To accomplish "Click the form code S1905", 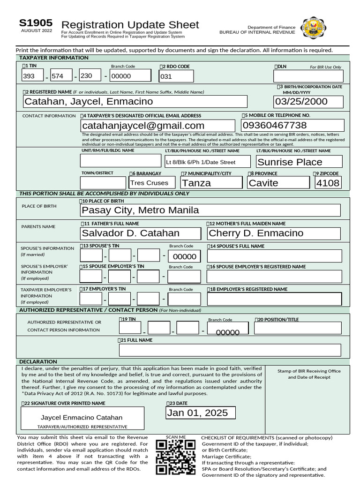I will pos(36,23).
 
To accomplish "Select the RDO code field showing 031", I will pos(176,76).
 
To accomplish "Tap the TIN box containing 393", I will pos(32,76).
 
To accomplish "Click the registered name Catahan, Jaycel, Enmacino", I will pos(135,102).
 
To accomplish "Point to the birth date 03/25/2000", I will pos(308,102).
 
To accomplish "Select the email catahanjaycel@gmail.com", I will pos(157,126).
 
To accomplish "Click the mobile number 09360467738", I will pos(292,125).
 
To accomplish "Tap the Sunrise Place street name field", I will pos(299,162).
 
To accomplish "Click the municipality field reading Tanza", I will pos(211,183).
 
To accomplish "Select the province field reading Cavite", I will pos(277,183).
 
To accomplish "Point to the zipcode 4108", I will pos(328,183).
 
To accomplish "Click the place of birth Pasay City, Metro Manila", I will pos(210,210).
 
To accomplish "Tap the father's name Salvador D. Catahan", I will pos(141,233).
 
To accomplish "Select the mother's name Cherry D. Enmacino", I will pos(274,233).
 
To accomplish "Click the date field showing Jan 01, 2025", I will pos(201,413).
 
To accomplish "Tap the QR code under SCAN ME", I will pos(175,457).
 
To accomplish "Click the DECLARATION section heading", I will pos(38,361).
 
